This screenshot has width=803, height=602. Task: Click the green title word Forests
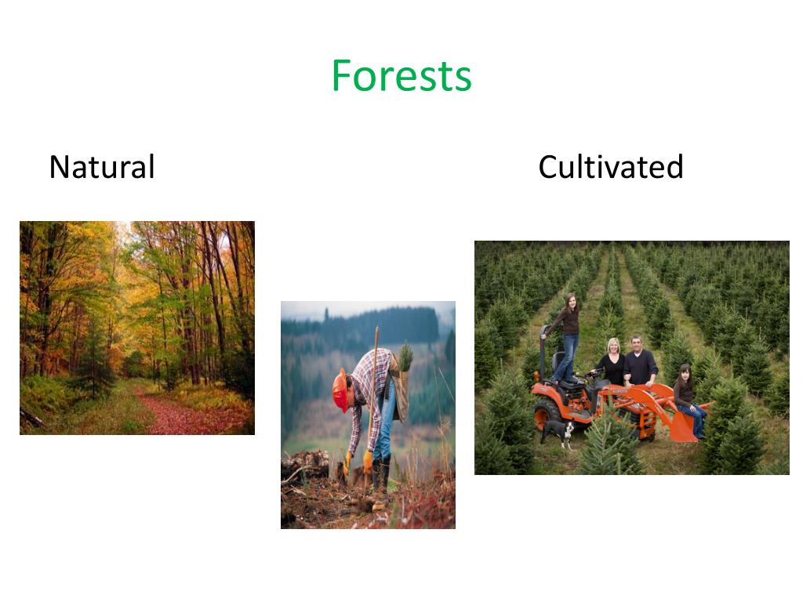point(401,76)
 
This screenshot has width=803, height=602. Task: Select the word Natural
point(102,167)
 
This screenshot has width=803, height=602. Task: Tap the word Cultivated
point(610,167)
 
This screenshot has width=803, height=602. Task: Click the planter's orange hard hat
point(340,390)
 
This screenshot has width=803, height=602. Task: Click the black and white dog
point(558,430)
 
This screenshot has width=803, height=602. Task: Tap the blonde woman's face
point(612,347)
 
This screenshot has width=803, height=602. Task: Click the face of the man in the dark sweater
point(637,346)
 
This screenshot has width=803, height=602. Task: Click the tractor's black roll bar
point(543,349)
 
